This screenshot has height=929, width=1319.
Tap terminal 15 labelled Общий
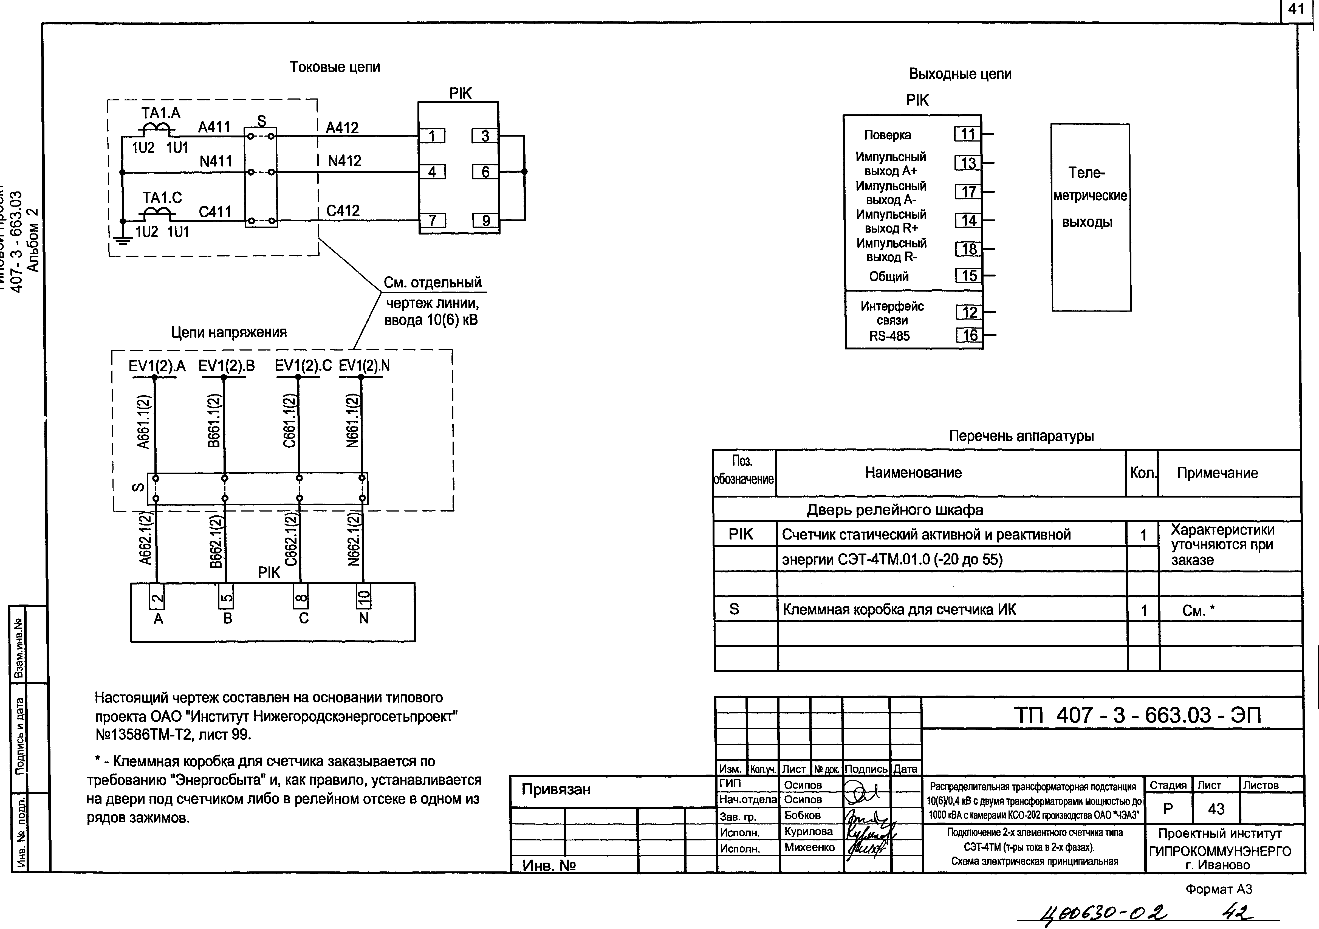[x=969, y=276]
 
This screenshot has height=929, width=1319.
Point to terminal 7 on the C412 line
[x=433, y=221]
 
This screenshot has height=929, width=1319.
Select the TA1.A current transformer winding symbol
[x=156, y=129]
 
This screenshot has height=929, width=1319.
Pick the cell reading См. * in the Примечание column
[x=1198, y=611]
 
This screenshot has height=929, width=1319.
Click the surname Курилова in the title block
[x=808, y=831]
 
